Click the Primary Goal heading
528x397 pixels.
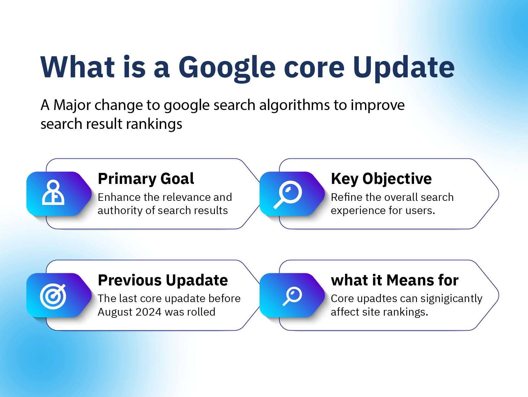[x=146, y=179]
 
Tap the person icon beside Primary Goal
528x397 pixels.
[x=53, y=193]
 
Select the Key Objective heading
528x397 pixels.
[x=381, y=179]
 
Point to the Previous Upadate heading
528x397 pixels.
[x=163, y=280]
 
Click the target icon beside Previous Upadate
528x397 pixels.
[x=53, y=296]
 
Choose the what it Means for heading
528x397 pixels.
[x=395, y=280]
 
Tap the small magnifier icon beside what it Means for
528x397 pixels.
[x=293, y=296]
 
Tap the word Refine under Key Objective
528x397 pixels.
[x=347, y=197]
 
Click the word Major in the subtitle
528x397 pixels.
[x=72, y=105]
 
